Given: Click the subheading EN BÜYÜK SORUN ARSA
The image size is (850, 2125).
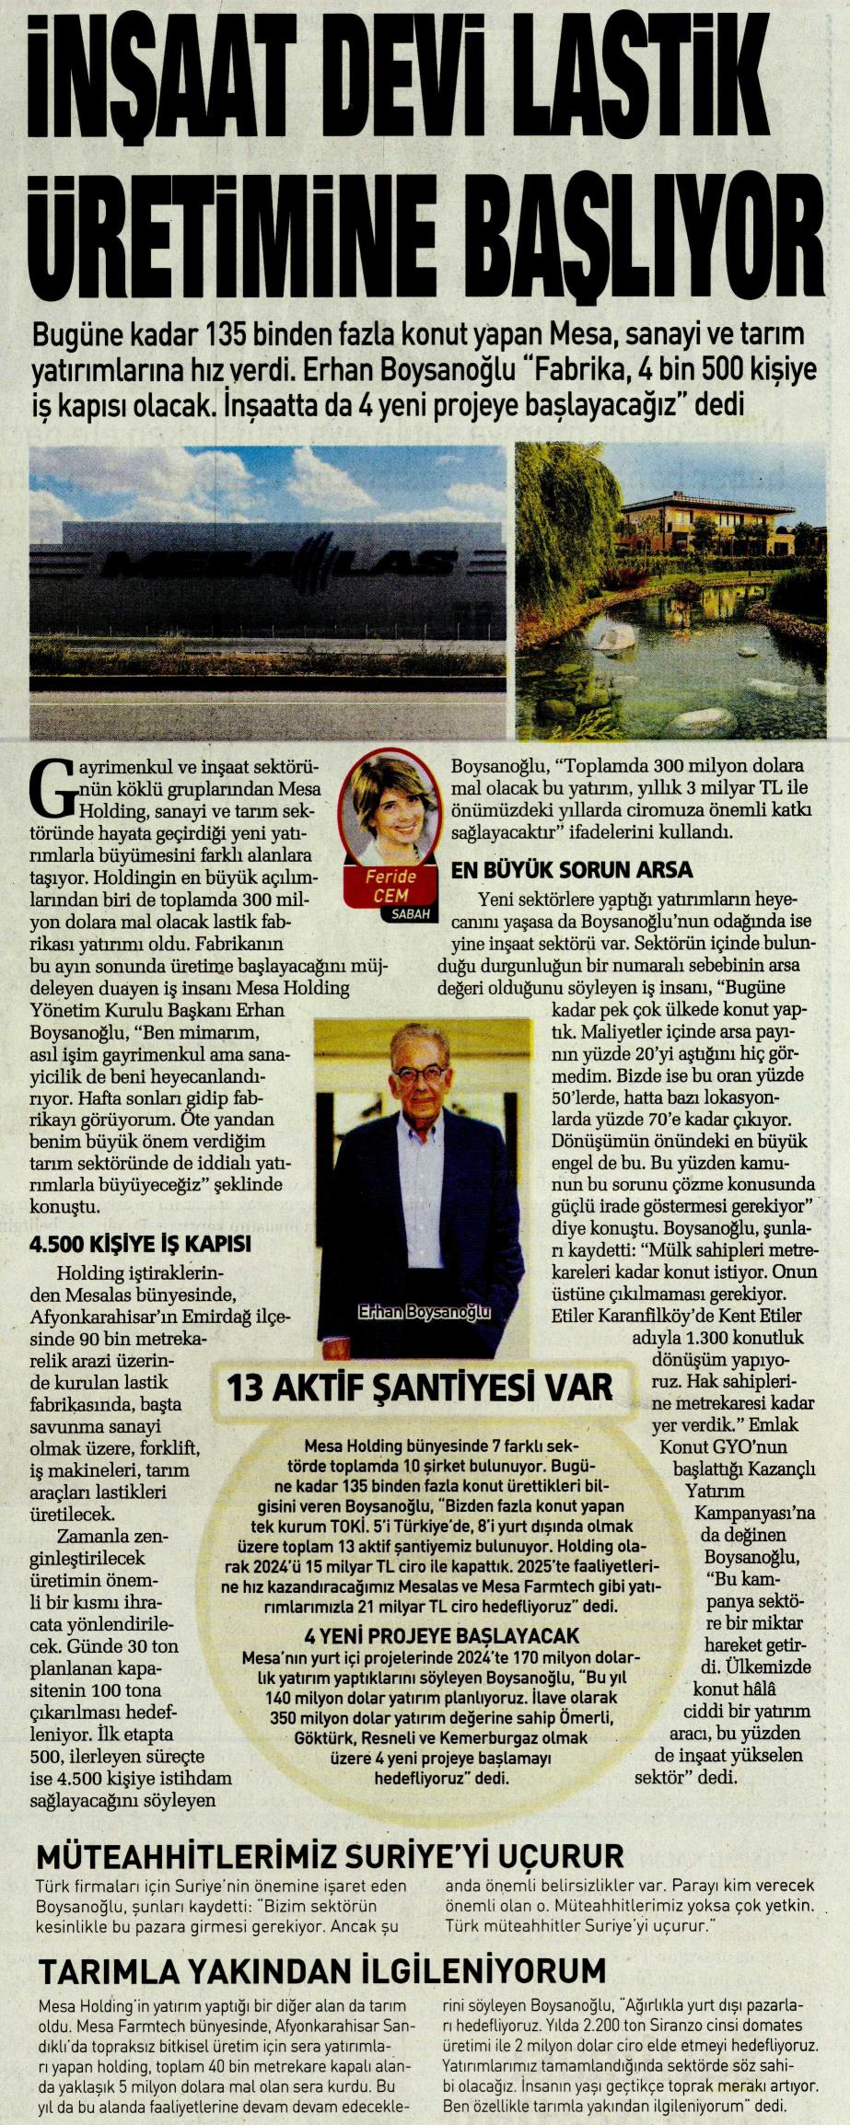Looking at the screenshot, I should coord(572,870).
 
